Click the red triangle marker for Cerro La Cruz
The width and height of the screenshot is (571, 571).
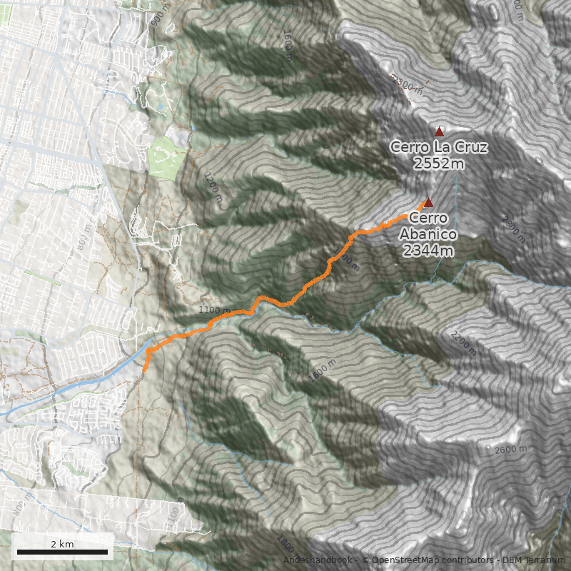click(439, 131)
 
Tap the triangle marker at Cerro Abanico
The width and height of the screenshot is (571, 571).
click(428, 202)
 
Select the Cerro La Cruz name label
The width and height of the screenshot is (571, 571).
click(439, 148)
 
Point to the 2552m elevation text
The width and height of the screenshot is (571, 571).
click(439, 163)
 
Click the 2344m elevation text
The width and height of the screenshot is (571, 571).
click(428, 250)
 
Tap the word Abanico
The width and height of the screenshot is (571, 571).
click(428, 234)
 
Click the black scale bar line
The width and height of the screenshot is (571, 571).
click(62, 552)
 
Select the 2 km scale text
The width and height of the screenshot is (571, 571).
click(62, 544)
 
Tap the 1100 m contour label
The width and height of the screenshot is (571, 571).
click(215, 310)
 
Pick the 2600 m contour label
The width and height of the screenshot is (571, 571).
click(510, 450)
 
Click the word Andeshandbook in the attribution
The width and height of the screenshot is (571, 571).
click(318, 560)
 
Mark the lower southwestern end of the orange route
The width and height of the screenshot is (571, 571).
click(145, 370)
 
